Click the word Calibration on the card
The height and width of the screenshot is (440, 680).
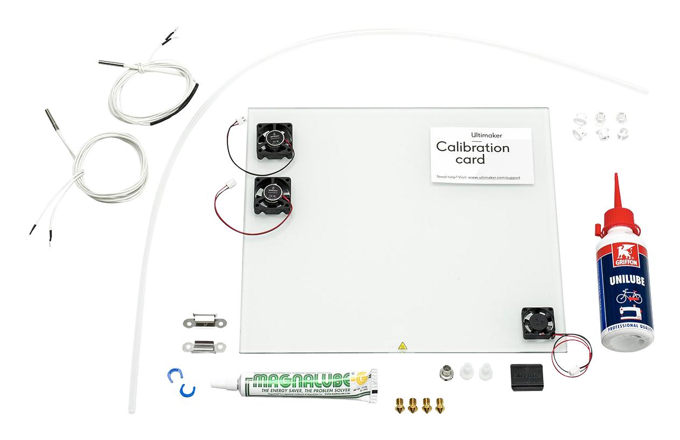[472, 147]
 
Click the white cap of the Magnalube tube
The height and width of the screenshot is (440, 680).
[222, 385]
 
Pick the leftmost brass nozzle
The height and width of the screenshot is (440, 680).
[400, 406]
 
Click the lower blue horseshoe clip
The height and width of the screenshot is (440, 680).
[187, 390]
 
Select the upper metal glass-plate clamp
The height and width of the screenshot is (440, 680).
[204, 322]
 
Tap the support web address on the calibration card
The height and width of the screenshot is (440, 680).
[494, 177]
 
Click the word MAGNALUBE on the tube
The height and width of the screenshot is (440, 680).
[293, 380]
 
